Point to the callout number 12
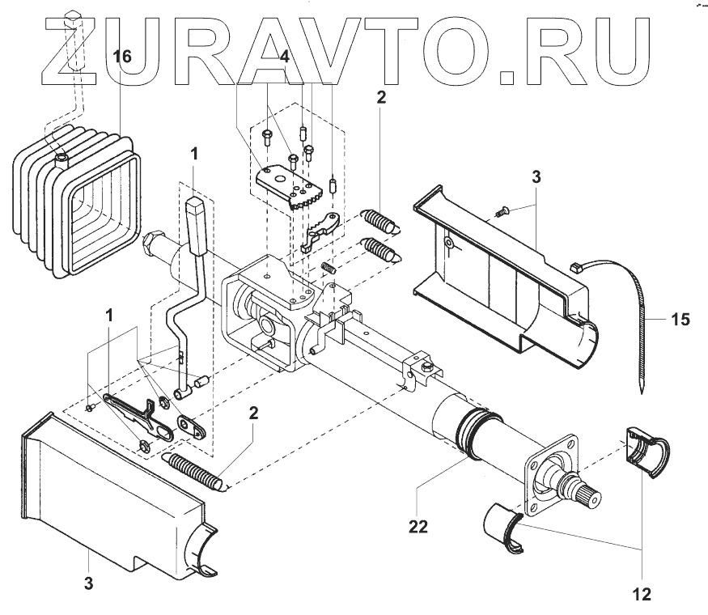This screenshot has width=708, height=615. coord(641,595)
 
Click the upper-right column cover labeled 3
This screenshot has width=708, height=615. coord(510,267)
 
